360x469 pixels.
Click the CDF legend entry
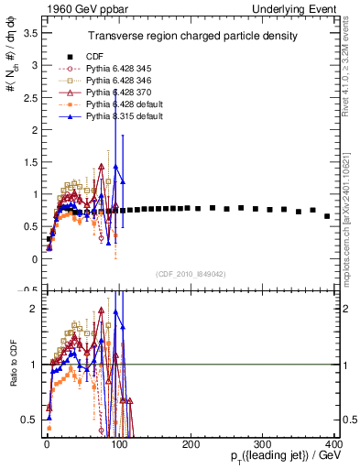(x=94, y=56)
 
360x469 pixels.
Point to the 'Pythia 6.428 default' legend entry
(x=118, y=105)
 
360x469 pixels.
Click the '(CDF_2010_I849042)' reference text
(x=191, y=273)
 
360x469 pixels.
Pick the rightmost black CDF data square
(x=328, y=216)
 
